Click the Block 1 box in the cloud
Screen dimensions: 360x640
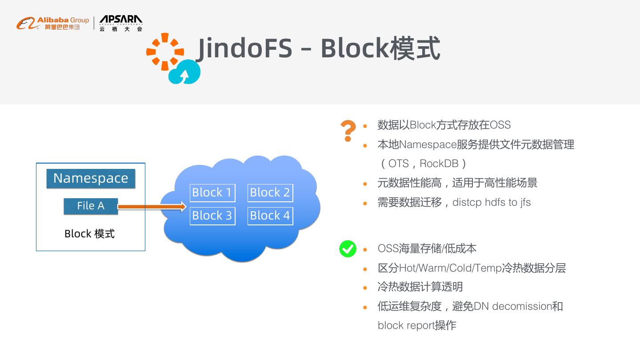[212, 193]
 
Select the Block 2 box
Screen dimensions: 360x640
[270, 193]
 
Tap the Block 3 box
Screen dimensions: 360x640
[212, 216]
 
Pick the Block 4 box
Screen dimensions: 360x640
[270, 216]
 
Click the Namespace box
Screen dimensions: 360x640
[91, 178]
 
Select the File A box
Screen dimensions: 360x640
[91, 206]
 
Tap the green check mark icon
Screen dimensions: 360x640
[348, 248]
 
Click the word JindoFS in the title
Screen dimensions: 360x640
[244, 48]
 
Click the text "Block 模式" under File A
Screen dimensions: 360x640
[89, 234]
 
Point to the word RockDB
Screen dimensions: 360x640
[439, 164]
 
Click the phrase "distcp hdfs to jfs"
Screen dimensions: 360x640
[492, 202]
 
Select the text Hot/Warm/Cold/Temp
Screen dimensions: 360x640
[450, 268]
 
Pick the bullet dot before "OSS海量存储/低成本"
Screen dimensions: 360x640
[365, 249]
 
